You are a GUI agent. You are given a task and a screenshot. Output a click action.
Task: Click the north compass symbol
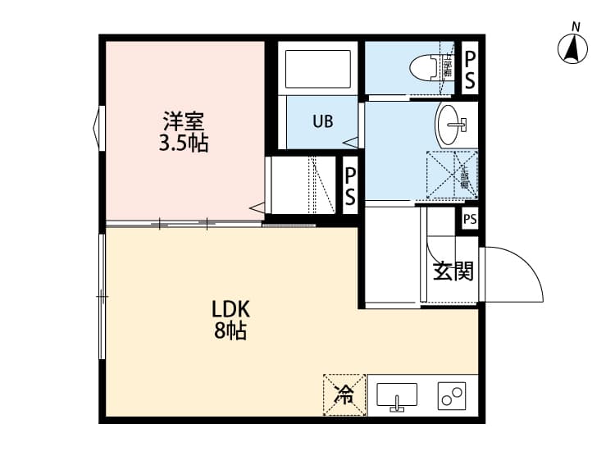point(576,49)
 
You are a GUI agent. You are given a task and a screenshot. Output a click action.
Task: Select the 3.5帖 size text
point(183,144)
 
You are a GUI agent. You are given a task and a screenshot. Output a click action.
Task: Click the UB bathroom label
point(322,122)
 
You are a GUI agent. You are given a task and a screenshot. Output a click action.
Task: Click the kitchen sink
point(397,396)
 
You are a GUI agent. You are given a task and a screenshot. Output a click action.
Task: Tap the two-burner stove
point(451,396)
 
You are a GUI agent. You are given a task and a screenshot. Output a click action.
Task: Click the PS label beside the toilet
point(470,69)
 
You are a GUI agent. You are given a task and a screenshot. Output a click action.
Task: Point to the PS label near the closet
point(350,186)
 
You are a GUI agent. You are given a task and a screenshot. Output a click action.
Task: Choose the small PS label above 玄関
point(470,219)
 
